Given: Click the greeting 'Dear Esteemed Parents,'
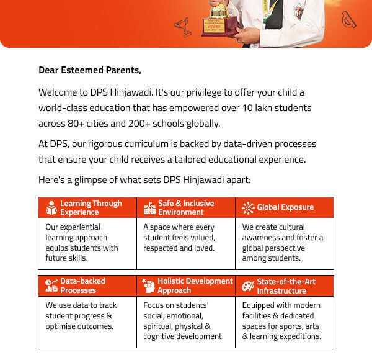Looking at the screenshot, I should (x=90, y=70).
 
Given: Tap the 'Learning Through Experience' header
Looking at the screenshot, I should (x=91, y=208).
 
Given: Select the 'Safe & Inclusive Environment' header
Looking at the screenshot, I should (x=185, y=208).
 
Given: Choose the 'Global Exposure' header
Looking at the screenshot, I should (x=285, y=207).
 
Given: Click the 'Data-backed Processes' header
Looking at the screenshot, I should (x=82, y=286).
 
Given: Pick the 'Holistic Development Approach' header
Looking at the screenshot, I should (x=195, y=286).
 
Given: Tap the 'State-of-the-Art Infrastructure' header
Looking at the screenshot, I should (x=286, y=286).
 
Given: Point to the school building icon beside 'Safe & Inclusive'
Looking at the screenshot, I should (x=149, y=208).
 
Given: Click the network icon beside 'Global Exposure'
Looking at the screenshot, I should (x=248, y=208).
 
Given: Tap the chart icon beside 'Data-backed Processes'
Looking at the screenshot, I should (x=51, y=286).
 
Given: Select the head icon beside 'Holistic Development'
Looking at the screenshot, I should (x=149, y=286).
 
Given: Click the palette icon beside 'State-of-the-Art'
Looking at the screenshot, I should (x=248, y=286).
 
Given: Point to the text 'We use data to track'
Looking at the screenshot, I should (x=81, y=305).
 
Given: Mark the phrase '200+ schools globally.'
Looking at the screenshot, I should (x=174, y=123).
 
